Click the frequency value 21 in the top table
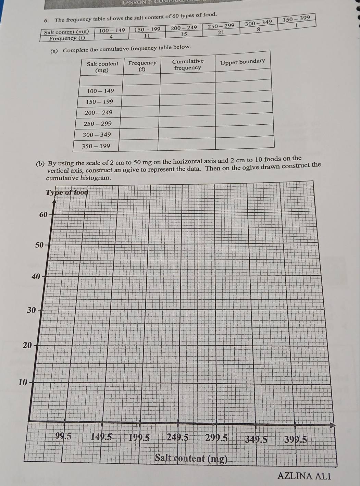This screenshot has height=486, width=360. [x=221, y=32]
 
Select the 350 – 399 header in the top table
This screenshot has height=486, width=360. [x=296, y=18]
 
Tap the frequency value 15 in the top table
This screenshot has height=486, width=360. [x=184, y=34]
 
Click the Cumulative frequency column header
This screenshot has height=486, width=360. [x=188, y=64]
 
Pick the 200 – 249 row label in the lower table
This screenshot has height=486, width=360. [x=99, y=113]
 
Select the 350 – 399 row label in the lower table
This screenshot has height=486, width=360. [x=96, y=146]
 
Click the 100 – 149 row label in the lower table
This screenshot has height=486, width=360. [x=100, y=91]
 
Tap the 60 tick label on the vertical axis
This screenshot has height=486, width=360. [x=43, y=215]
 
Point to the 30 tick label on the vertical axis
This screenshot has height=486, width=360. [x=31, y=311]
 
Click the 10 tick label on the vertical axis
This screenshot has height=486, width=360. [x=22, y=383]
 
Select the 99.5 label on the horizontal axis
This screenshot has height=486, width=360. [x=63, y=436]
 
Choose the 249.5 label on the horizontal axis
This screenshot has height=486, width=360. [x=177, y=437]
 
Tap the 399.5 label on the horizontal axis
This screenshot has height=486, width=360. [x=296, y=439]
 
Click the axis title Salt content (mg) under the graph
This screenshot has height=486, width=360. [x=191, y=458]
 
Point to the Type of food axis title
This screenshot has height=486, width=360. [x=67, y=192]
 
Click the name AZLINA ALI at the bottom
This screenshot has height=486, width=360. [x=304, y=476]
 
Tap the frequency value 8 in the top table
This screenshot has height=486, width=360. [x=259, y=30]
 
